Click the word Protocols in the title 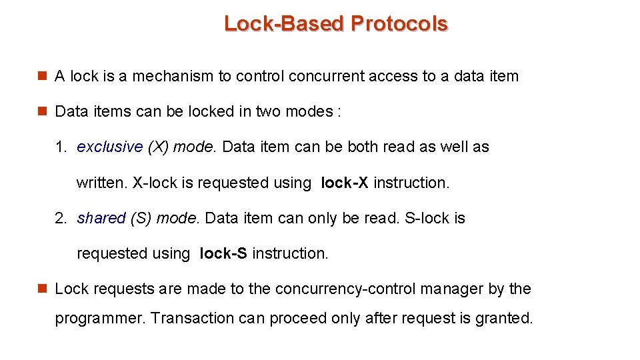coord(399,24)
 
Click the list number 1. coord(61,147)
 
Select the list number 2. coord(61,218)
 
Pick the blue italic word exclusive coord(110,147)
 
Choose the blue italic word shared coord(101,218)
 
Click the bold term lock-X coord(344,183)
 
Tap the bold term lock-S coord(223,253)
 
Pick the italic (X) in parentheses coord(158,147)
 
